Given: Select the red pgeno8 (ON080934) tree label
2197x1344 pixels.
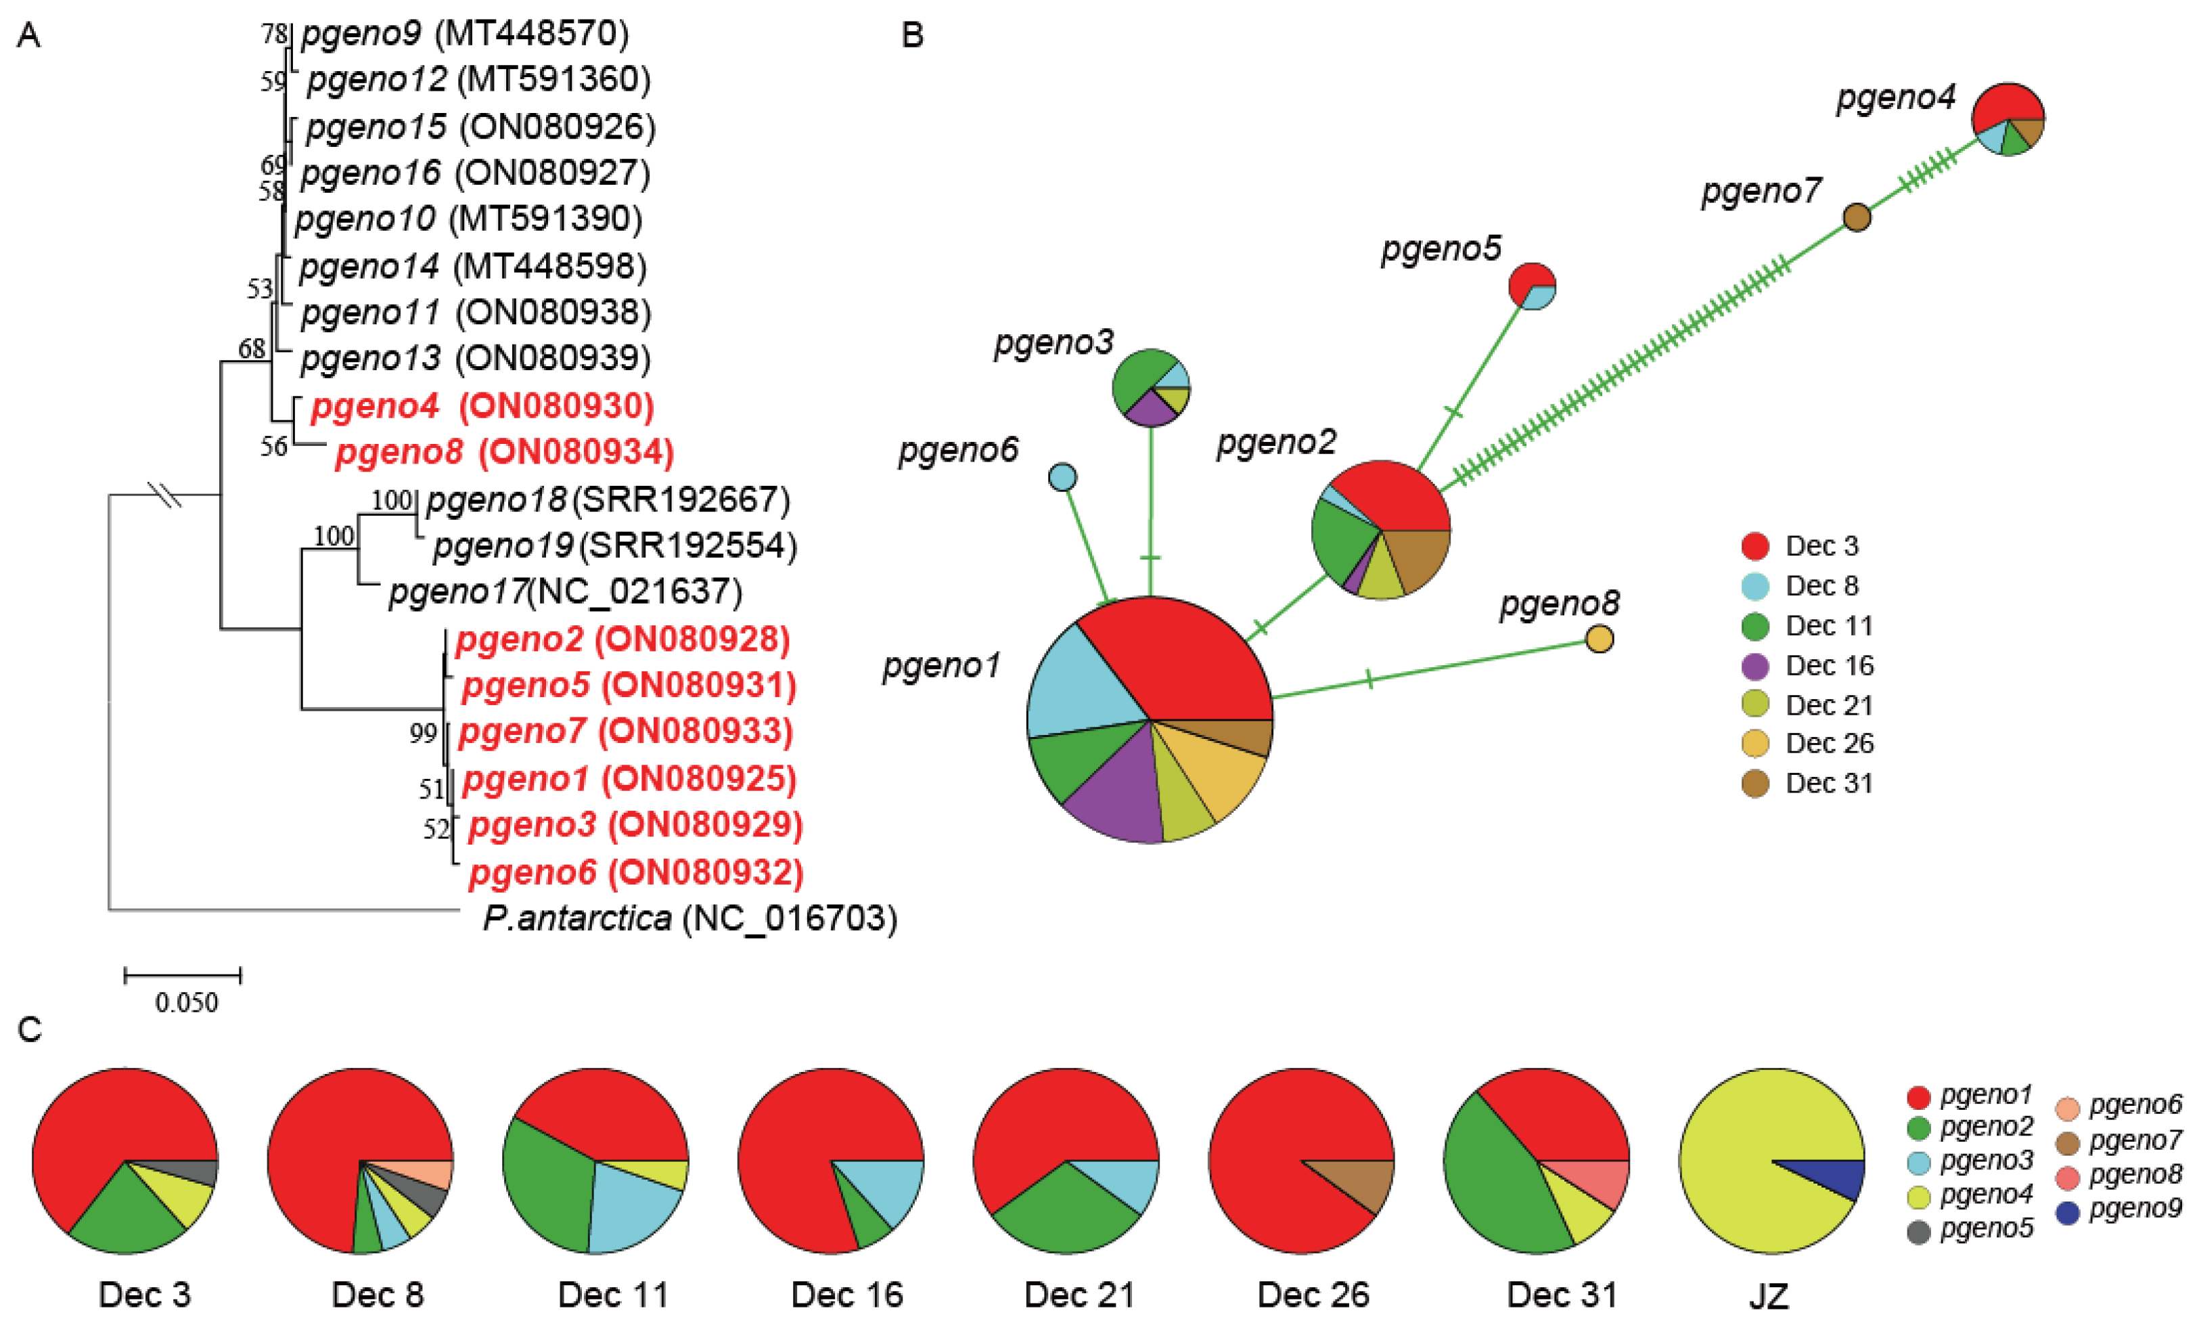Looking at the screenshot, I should [x=505, y=452].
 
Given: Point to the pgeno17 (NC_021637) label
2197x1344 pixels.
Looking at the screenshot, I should [x=564, y=591].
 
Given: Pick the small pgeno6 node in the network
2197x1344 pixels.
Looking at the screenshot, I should [x=1062, y=477].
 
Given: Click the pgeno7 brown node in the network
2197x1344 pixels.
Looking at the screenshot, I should [x=1857, y=217].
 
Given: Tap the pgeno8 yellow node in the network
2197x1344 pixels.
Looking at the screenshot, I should [x=1600, y=639].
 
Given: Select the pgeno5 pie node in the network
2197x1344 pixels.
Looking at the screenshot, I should [x=1532, y=286].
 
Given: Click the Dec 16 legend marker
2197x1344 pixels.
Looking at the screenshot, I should [x=1754, y=665].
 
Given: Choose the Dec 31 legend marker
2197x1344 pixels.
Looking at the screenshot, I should [x=1754, y=783].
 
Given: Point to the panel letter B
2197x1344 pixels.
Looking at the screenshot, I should [x=912, y=36].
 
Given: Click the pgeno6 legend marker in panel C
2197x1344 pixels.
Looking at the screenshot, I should [x=2067, y=1108].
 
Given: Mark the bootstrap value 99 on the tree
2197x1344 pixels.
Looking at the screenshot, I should [x=423, y=733].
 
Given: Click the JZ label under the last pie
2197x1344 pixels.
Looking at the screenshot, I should [x=1769, y=1296].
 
